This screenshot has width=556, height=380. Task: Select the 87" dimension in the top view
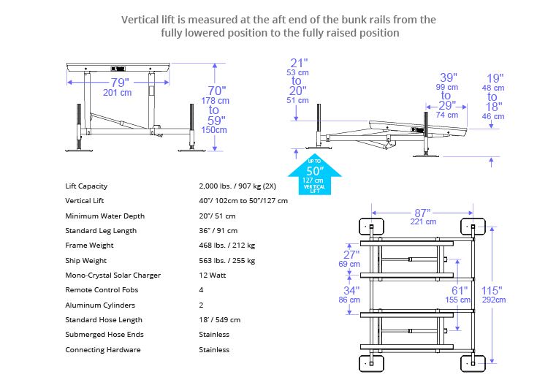tap(422, 212)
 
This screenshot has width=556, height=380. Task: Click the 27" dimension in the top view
tap(351, 254)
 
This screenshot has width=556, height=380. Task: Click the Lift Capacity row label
tap(86, 186)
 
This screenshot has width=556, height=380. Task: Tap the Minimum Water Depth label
tap(104, 216)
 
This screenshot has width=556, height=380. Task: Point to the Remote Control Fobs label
tap(102, 290)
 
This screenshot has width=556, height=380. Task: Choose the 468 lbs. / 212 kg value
tap(226, 246)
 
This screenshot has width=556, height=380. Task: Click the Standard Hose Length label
tap(104, 319)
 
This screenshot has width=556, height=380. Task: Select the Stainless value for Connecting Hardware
tap(214, 349)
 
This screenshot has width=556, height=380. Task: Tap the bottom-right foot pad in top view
tap(471, 363)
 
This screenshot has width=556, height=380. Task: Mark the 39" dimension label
tap(449, 77)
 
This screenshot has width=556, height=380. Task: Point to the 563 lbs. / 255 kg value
tap(226, 260)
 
